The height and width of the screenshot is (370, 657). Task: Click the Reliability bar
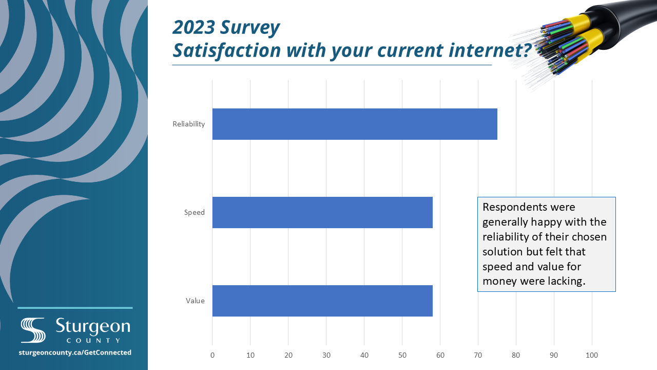(x=355, y=124)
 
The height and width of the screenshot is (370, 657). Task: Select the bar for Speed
(x=322, y=212)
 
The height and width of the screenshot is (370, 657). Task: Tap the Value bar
(x=322, y=301)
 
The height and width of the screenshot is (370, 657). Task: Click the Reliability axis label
(x=188, y=124)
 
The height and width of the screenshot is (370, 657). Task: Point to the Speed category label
(x=194, y=212)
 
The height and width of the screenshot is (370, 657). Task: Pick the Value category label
(x=195, y=301)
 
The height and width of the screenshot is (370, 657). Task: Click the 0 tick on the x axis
(x=212, y=355)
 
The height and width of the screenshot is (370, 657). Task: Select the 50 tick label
(x=402, y=355)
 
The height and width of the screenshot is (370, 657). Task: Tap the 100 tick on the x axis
(x=592, y=355)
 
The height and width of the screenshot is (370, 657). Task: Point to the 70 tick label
(x=478, y=355)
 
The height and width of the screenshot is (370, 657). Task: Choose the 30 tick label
(x=326, y=355)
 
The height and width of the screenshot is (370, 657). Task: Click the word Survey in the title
(x=250, y=28)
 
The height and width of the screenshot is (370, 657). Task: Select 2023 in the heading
(x=194, y=27)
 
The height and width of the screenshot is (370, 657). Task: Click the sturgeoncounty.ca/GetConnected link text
(x=75, y=353)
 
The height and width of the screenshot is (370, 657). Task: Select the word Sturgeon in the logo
(x=93, y=326)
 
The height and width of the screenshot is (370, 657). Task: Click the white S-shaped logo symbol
(x=33, y=330)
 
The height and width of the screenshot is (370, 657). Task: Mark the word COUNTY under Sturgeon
(x=93, y=341)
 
